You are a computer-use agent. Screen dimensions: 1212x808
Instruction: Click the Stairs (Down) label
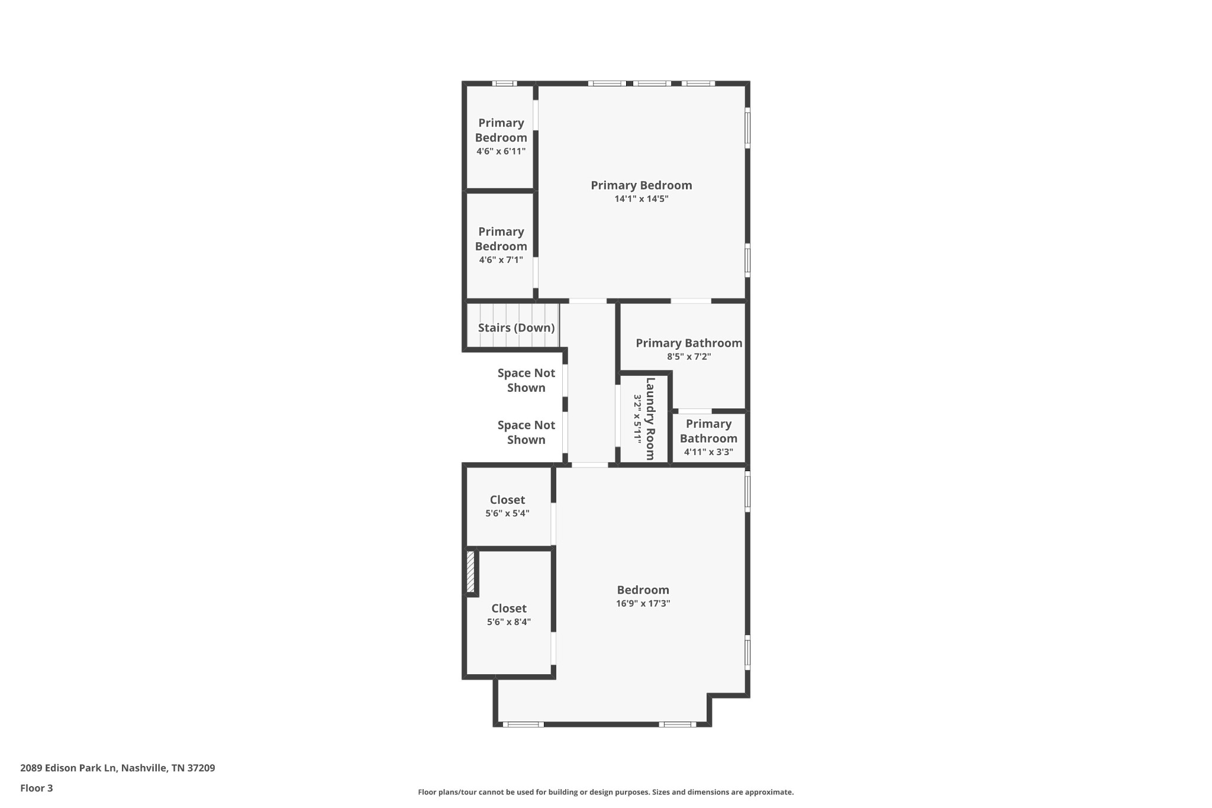516,328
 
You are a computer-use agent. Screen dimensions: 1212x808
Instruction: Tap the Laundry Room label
650,419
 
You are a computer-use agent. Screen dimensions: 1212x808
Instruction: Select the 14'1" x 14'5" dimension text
642,199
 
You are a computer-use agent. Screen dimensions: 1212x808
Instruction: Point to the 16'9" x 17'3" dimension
643,603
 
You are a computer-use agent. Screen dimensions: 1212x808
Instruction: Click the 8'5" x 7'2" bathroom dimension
689,356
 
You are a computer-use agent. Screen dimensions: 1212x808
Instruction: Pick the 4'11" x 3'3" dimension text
708,452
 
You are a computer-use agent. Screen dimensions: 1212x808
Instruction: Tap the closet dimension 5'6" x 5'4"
507,513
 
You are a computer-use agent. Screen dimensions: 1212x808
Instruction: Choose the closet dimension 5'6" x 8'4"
509,622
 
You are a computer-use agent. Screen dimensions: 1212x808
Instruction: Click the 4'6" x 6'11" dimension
501,151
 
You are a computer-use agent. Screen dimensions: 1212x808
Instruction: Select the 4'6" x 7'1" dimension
501,259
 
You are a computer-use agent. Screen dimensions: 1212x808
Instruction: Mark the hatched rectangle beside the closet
471,572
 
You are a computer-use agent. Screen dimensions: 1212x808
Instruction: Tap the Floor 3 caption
37,788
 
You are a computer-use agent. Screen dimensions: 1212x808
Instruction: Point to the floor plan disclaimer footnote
606,792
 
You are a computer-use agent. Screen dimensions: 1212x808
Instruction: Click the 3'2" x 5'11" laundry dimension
637,419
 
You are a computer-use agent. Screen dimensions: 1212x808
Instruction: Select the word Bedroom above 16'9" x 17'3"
643,590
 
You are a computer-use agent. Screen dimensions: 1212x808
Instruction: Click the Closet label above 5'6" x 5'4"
507,500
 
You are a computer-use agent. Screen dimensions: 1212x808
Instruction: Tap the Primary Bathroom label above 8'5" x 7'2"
689,343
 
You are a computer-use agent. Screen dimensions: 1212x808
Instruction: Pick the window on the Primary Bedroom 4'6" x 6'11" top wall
504,83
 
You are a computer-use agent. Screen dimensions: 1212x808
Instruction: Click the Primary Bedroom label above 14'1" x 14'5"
642,185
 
